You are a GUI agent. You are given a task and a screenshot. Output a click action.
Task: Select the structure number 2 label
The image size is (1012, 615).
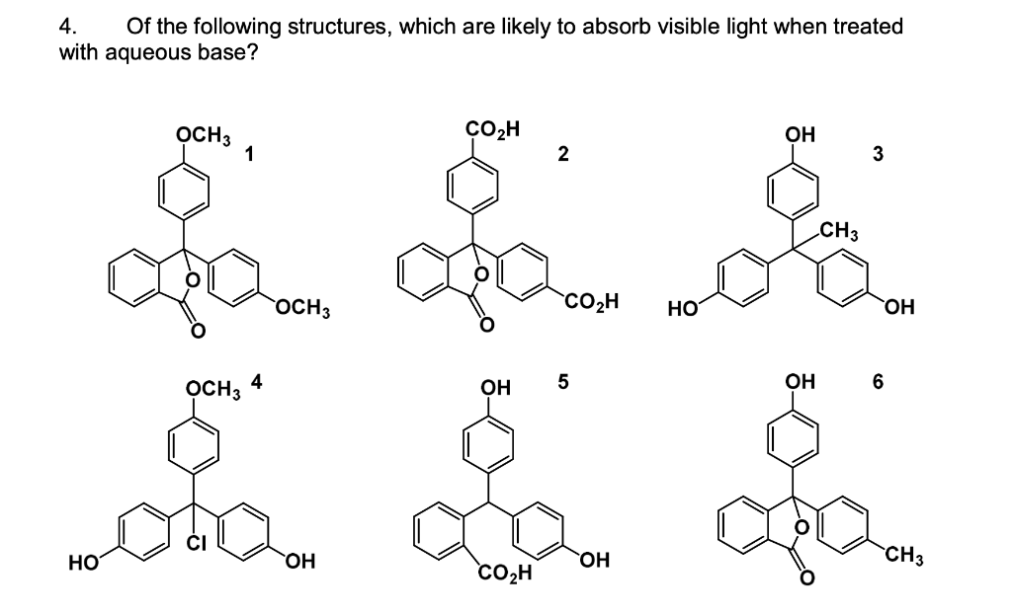tap(562, 152)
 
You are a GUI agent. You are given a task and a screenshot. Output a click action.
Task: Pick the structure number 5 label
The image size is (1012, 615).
tap(563, 380)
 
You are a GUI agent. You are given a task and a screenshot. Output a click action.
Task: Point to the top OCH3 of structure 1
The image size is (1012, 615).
tap(202, 135)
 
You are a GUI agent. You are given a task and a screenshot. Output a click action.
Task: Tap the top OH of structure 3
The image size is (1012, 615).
tap(798, 134)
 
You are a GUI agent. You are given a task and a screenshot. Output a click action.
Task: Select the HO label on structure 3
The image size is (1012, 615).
tap(686, 310)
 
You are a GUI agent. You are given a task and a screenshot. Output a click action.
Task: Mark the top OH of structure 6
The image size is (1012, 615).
tap(798, 381)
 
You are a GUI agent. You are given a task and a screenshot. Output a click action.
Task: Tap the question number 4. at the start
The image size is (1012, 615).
tap(68, 27)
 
